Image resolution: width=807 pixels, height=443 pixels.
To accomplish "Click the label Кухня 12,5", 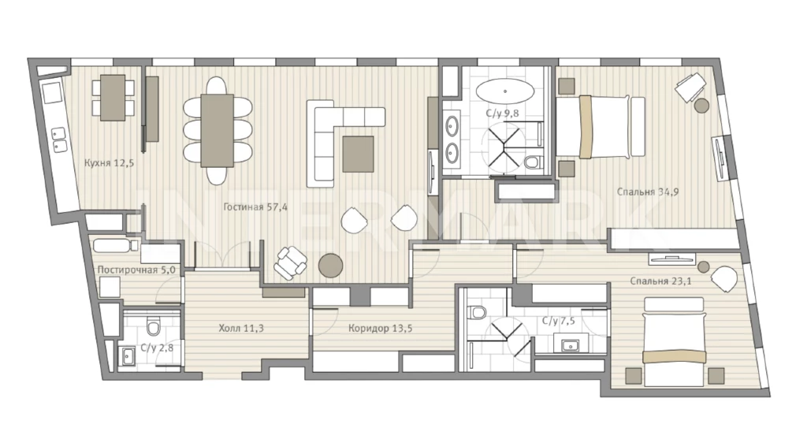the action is (109, 163).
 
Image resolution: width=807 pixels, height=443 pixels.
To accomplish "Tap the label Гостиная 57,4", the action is (255, 207).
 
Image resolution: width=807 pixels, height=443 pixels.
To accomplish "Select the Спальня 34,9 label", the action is (648, 192).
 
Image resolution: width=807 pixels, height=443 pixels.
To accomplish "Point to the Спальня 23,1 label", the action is (661, 281).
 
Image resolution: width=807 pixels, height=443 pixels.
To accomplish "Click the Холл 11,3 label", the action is (241, 328).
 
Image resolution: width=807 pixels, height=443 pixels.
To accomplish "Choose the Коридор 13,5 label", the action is (380, 328).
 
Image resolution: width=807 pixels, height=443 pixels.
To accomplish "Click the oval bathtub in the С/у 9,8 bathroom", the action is (505, 91).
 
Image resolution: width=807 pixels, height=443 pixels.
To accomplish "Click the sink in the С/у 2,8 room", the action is (128, 356).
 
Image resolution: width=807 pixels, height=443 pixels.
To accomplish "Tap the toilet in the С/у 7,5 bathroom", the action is (478, 312).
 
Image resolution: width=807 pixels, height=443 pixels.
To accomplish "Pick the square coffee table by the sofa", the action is (359, 154).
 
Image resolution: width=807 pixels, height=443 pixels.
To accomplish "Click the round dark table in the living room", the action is (330, 266).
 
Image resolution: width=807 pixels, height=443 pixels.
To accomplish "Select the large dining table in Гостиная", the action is (218, 130).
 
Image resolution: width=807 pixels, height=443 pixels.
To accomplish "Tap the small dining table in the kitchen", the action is (113, 98).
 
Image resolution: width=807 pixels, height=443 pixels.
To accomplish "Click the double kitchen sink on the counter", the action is (60, 140).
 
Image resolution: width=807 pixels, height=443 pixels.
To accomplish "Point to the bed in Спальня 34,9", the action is (600, 127).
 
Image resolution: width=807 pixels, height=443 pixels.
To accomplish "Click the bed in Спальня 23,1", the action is (674, 342).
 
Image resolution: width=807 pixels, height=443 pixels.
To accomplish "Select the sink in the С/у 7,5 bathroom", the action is (571, 344).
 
